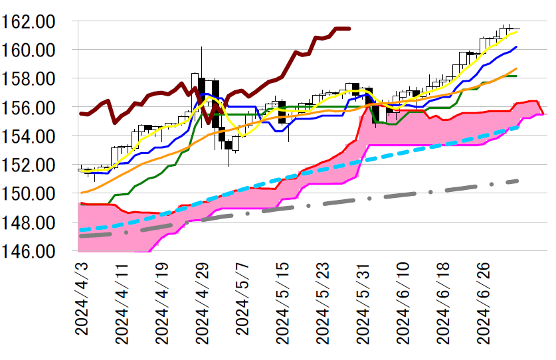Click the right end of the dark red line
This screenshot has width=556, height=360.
pos(349,29)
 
